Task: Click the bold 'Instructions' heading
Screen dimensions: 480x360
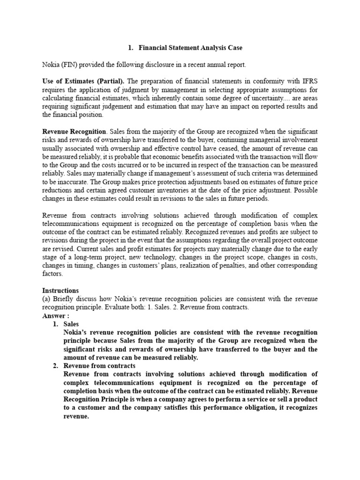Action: (60, 291)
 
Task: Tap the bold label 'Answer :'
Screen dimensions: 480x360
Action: (56, 316)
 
